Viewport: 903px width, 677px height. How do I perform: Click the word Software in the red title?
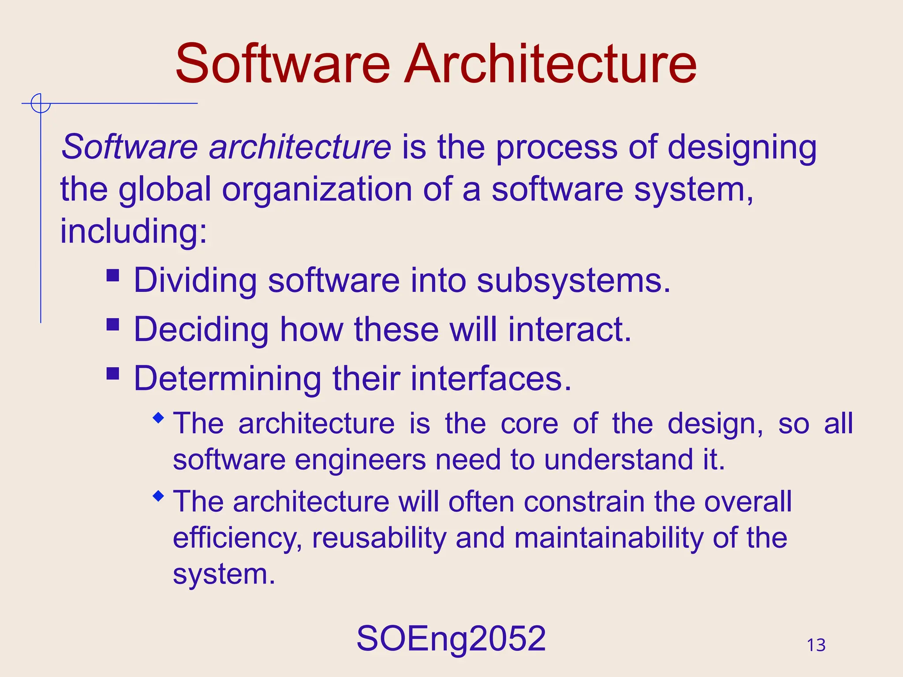pyautogui.click(x=283, y=64)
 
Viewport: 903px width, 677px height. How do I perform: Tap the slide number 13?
pyautogui.click(x=816, y=645)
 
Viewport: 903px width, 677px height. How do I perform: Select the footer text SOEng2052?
pyautogui.click(x=451, y=639)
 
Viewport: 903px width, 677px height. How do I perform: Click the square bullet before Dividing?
pyautogui.click(x=113, y=275)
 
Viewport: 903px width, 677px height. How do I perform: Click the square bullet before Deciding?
pyautogui.click(x=113, y=325)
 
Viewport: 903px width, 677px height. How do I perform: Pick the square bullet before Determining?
pyautogui.click(x=113, y=374)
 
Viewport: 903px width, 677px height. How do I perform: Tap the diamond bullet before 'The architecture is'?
pyautogui.click(x=158, y=418)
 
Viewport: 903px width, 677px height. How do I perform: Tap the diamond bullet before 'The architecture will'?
pyautogui.click(x=158, y=496)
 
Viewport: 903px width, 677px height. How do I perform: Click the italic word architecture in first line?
pyautogui.click(x=300, y=147)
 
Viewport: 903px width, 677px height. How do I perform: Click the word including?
pyautogui.click(x=133, y=232)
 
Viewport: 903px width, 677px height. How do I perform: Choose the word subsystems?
pyautogui.click(x=573, y=281)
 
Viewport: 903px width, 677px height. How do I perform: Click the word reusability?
pyautogui.click(x=379, y=539)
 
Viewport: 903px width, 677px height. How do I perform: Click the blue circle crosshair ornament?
pyautogui.click(x=41, y=104)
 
